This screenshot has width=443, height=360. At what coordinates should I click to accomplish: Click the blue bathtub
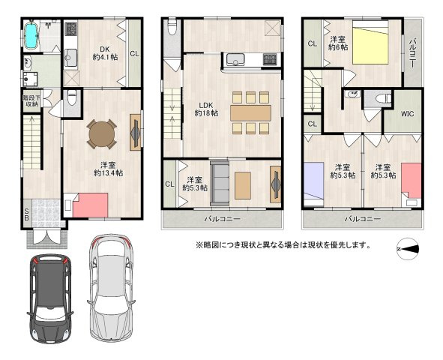31,36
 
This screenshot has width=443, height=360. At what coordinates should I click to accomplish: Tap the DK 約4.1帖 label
105,52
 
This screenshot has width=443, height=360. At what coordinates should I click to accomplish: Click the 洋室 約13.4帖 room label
108,169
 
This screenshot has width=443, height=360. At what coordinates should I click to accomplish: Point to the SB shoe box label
26,214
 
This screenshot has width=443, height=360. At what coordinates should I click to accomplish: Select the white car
111,286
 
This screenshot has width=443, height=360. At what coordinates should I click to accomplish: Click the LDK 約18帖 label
207,109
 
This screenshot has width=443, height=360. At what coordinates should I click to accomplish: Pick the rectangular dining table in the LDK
250,113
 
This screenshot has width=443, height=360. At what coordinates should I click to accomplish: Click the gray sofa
220,183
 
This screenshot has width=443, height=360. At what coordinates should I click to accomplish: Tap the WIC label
408,114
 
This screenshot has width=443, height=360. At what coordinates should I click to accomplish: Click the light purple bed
314,181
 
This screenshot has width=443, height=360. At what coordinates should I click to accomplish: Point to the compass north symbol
408,249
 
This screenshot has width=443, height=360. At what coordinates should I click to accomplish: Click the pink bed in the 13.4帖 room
90,205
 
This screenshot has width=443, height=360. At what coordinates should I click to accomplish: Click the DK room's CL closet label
135,53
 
